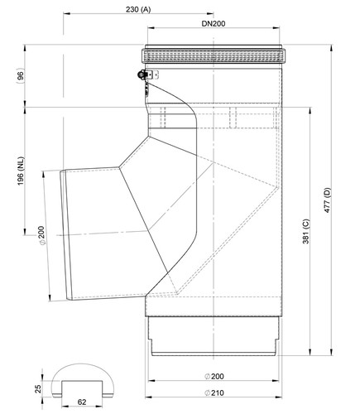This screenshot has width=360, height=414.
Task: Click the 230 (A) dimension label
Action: [138, 9]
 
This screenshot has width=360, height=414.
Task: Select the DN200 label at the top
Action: [214, 24]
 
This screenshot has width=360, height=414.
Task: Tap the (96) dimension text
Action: [21, 76]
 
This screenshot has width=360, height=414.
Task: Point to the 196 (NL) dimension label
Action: [21, 171]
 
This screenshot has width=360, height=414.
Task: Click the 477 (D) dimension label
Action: [327, 200]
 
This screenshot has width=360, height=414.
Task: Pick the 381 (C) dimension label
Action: [306, 231]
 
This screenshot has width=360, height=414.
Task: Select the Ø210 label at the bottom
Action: [214, 392]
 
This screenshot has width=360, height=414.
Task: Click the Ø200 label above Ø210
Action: [214, 376]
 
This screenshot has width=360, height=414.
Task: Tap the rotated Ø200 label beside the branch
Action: [41, 235]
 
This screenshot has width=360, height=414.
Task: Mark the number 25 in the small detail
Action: [38, 388]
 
